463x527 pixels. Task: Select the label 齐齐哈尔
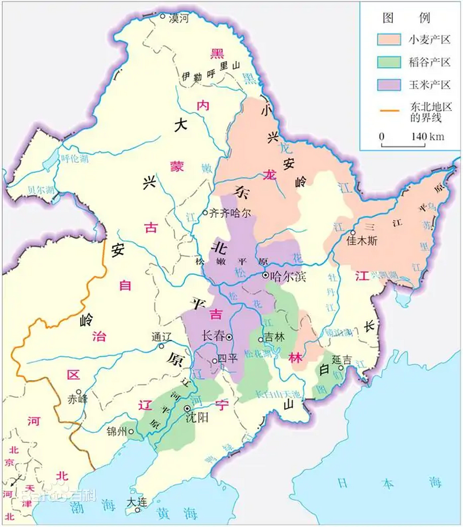(230, 213)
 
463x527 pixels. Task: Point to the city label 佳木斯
(362, 241)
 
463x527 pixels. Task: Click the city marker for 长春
(229, 337)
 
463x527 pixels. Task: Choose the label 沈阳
(197, 417)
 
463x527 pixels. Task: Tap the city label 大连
(137, 502)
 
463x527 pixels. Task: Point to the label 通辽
(161, 336)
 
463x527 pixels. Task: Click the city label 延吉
(342, 359)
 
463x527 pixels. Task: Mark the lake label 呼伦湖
(75, 159)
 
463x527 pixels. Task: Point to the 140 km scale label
(428, 136)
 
